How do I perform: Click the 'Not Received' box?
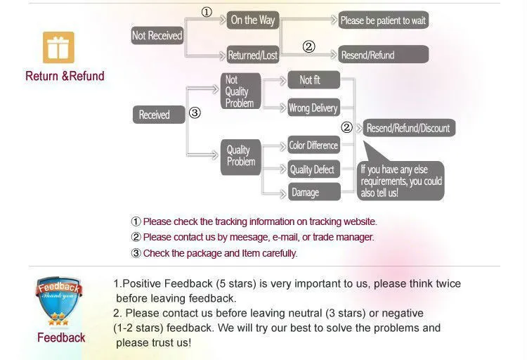pos(157,36)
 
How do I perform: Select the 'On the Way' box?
pos(253,20)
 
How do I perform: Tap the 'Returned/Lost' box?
pos(253,55)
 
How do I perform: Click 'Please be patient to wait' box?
pos(383,20)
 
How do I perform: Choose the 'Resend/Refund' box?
pos(383,55)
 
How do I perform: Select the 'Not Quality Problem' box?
pos(240,91)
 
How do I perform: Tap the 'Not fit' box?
pos(313,80)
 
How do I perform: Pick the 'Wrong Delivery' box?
pos(313,108)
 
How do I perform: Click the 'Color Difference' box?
pos(313,146)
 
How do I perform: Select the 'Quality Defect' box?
pos(313,169)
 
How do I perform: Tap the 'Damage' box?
pos(313,192)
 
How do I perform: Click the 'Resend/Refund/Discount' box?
pos(408,129)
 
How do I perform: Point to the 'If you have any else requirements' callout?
pos(401,180)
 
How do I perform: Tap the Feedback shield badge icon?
pos(60,302)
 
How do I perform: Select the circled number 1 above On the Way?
pos(207,12)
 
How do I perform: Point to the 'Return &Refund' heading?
pos(65,76)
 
